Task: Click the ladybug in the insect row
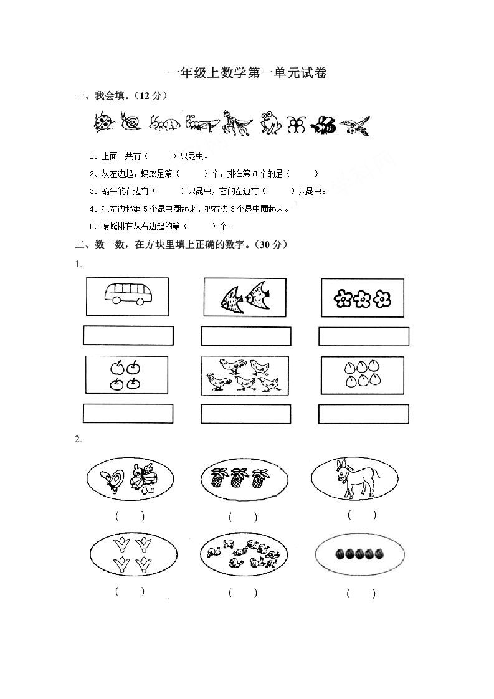pos(104,122)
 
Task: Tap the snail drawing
pos(130,122)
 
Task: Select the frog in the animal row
pos(270,123)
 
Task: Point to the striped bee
pos(323,125)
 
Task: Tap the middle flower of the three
pos(362,300)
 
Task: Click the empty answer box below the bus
pos(128,336)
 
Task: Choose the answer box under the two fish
pos(246,336)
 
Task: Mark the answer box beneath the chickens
pos(246,414)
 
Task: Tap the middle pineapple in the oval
pos(237,478)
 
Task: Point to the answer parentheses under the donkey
pos(361,515)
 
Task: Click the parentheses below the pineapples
pos(242,516)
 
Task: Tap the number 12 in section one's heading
pos(145,95)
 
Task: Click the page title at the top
pos(247,74)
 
